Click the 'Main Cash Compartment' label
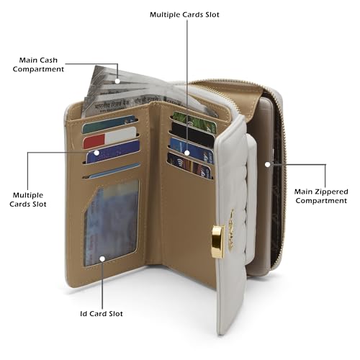(38, 65)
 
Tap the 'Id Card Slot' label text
(102, 314)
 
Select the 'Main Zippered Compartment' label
(321, 196)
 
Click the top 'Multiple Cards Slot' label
(184, 14)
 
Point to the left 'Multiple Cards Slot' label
(28, 199)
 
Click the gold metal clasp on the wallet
(218, 241)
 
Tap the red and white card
(109, 138)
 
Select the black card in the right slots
(193, 132)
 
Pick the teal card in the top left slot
(109, 124)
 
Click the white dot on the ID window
(102, 259)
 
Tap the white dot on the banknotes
(117, 81)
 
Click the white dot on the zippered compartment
(268, 164)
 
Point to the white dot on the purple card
(96, 153)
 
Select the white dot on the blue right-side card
(187, 153)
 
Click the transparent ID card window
(112, 223)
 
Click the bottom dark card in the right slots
(189, 166)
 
